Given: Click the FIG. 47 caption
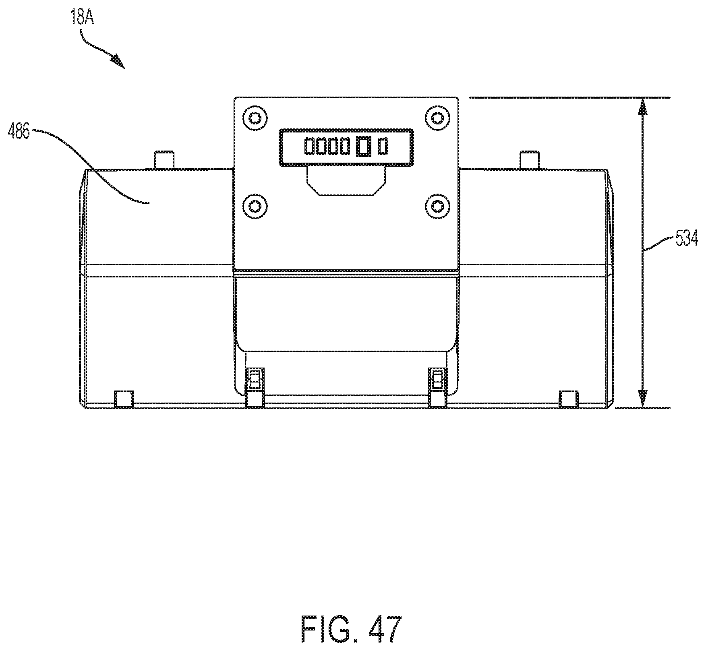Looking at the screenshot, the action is tap(352, 629).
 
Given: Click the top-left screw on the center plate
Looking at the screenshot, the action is tap(255, 118).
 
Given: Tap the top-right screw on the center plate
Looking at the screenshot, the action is tap(437, 118).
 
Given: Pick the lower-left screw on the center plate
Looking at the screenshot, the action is tap(255, 206).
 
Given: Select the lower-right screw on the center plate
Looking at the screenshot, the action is tap(437, 206).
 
